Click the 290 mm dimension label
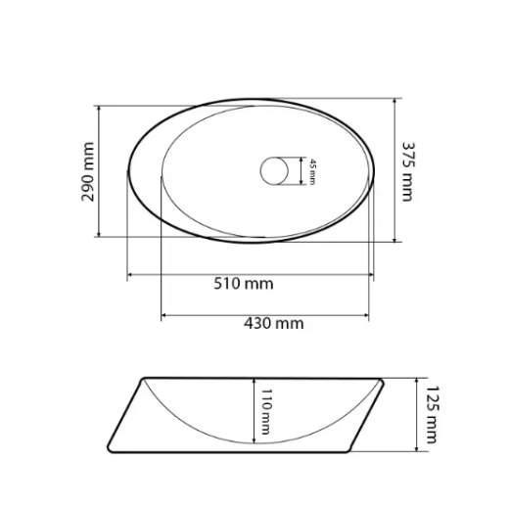click(x=88, y=171)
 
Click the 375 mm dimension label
click(x=407, y=171)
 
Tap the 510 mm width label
click(x=244, y=284)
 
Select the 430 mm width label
click(x=274, y=323)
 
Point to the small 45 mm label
click(x=312, y=172)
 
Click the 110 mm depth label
click(x=265, y=411)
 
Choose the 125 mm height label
click(x=433, y=414)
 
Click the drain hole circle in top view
click(x=274, y=171)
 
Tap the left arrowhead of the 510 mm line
click(x=129, y=275)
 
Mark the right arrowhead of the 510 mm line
click(x=371, y=275)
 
